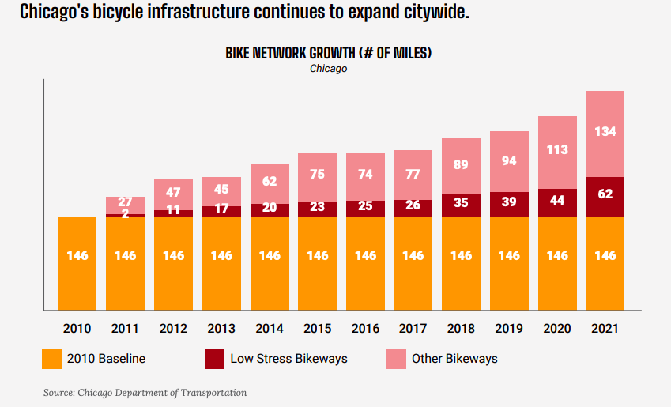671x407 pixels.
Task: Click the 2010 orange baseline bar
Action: click(x=77, y=262)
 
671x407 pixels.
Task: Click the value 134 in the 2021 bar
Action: click(x=605, y=131)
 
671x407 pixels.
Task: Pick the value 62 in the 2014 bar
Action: click(x=270, y=181)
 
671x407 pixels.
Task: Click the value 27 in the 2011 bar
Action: click(x=126, y=202)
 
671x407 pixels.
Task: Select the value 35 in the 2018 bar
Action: click(x=462, y=202)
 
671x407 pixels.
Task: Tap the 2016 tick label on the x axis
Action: click(x=365, y=329)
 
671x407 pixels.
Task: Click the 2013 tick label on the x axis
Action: click(x=221, y=329)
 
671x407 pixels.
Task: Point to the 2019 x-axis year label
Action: click(x=510, y=329)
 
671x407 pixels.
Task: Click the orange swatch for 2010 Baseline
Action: click(x=52, y=359)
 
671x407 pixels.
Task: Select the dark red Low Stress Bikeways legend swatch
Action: click(x=214, y=359)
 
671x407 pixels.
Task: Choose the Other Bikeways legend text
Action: click(x=454, y=359)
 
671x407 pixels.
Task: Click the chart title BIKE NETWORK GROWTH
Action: click(x=328, y=53)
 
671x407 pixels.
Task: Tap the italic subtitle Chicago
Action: click(x=328, y=68)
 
